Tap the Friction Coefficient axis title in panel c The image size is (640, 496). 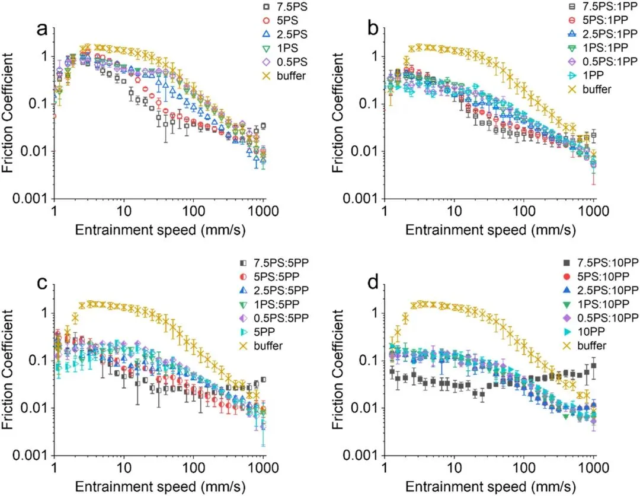(x=9, y=360)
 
